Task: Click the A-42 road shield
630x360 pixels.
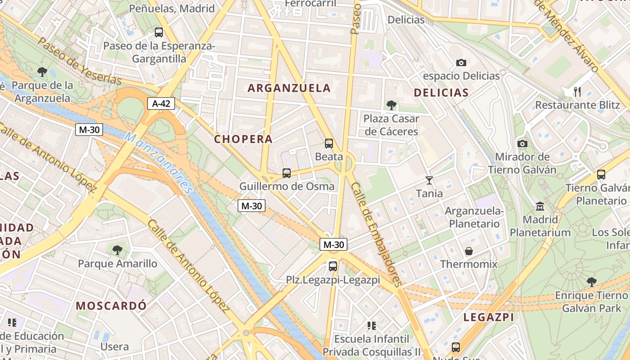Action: point(161,103)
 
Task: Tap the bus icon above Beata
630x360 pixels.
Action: point(329,144)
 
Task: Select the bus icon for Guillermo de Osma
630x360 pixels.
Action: point(287,173)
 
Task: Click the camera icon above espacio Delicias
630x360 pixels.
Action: point(461,63)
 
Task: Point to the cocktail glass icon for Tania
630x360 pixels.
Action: point(429,180)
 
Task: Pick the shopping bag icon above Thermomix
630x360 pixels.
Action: point(469,251)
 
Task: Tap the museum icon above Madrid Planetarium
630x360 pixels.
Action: point(540,207)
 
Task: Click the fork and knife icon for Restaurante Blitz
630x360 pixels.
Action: point(577,92)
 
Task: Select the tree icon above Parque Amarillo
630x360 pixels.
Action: point(117,250)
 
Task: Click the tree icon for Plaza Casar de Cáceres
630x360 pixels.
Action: point(391,105)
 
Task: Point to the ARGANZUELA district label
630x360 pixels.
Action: point(289,88)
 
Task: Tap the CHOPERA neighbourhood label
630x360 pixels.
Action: point(243,139)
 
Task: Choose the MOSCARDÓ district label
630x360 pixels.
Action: point(111,306)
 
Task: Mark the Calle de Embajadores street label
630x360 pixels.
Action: point(376,234)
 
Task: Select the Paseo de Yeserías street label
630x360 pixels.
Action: point(80,61)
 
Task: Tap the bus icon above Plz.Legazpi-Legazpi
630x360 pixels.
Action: point(333,266)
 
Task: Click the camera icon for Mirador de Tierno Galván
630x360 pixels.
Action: point(522,144)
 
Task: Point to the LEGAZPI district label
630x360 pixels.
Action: point(489,317)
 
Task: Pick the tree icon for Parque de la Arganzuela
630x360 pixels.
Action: point(43,72)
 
